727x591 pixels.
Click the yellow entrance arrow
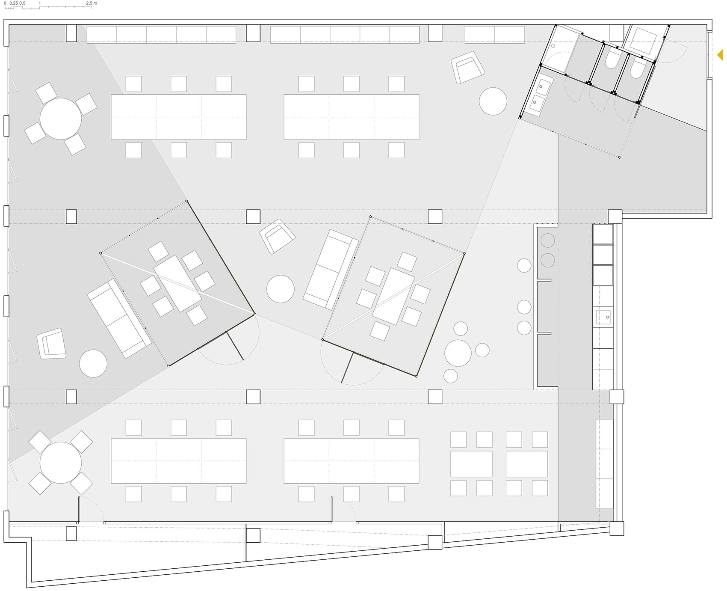[720, 55]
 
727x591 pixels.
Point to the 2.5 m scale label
[92, 3]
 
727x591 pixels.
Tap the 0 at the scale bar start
[5, 3]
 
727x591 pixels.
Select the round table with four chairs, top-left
[61, 119]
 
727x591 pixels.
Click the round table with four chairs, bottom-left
[61, 463]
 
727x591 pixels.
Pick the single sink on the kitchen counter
[603, 317]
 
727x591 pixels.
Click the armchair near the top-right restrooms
[468, 67]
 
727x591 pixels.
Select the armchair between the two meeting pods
[278, 237]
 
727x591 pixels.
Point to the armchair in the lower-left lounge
[52, 343]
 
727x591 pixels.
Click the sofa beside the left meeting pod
[119, 319]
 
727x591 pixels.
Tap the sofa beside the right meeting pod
[331, 269]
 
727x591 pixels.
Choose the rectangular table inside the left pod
[177, 283]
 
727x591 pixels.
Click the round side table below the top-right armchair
[493, 101]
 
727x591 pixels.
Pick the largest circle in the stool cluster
[458, 353]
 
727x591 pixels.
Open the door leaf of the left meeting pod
[234, 346]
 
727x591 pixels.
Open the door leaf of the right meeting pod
[348, 367]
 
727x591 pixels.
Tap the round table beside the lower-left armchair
[93, 363]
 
